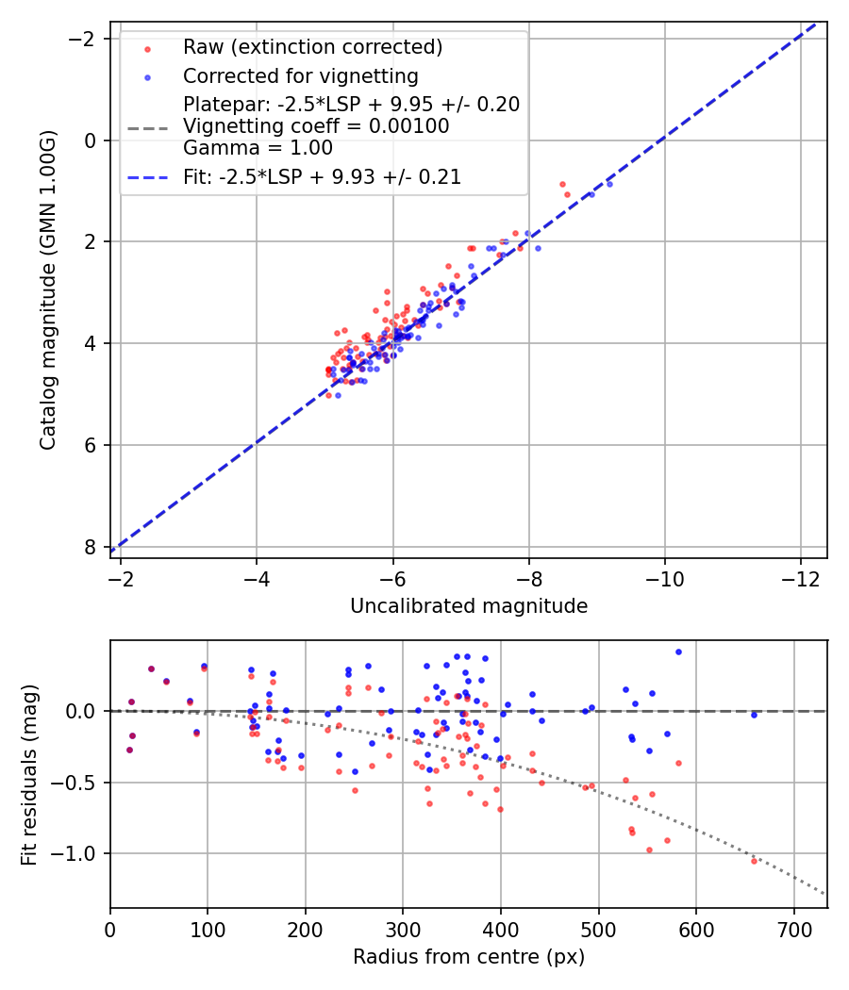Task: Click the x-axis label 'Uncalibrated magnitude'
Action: coord(469,606)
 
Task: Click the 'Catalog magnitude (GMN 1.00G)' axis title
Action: coord(48,289)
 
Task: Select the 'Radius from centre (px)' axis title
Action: coord(469,957)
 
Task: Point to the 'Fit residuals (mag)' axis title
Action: coord(29,775)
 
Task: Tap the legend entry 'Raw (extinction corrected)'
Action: coord(312,47)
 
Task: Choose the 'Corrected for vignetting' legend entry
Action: coord(301,75)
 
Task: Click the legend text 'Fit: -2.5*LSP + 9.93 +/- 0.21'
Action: coord(323,177)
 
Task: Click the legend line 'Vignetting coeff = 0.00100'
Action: coord(316,126)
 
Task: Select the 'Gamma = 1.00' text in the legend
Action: coord(258,148)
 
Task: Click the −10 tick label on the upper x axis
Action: coord(664,579)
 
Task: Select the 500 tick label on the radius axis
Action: coord(598,930)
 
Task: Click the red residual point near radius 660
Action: coord(754,861)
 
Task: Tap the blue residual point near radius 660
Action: coord(754,716)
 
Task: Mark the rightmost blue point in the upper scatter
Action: coord(609,185)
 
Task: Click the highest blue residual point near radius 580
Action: coord(678,652)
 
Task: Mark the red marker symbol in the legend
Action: coord(148,49)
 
